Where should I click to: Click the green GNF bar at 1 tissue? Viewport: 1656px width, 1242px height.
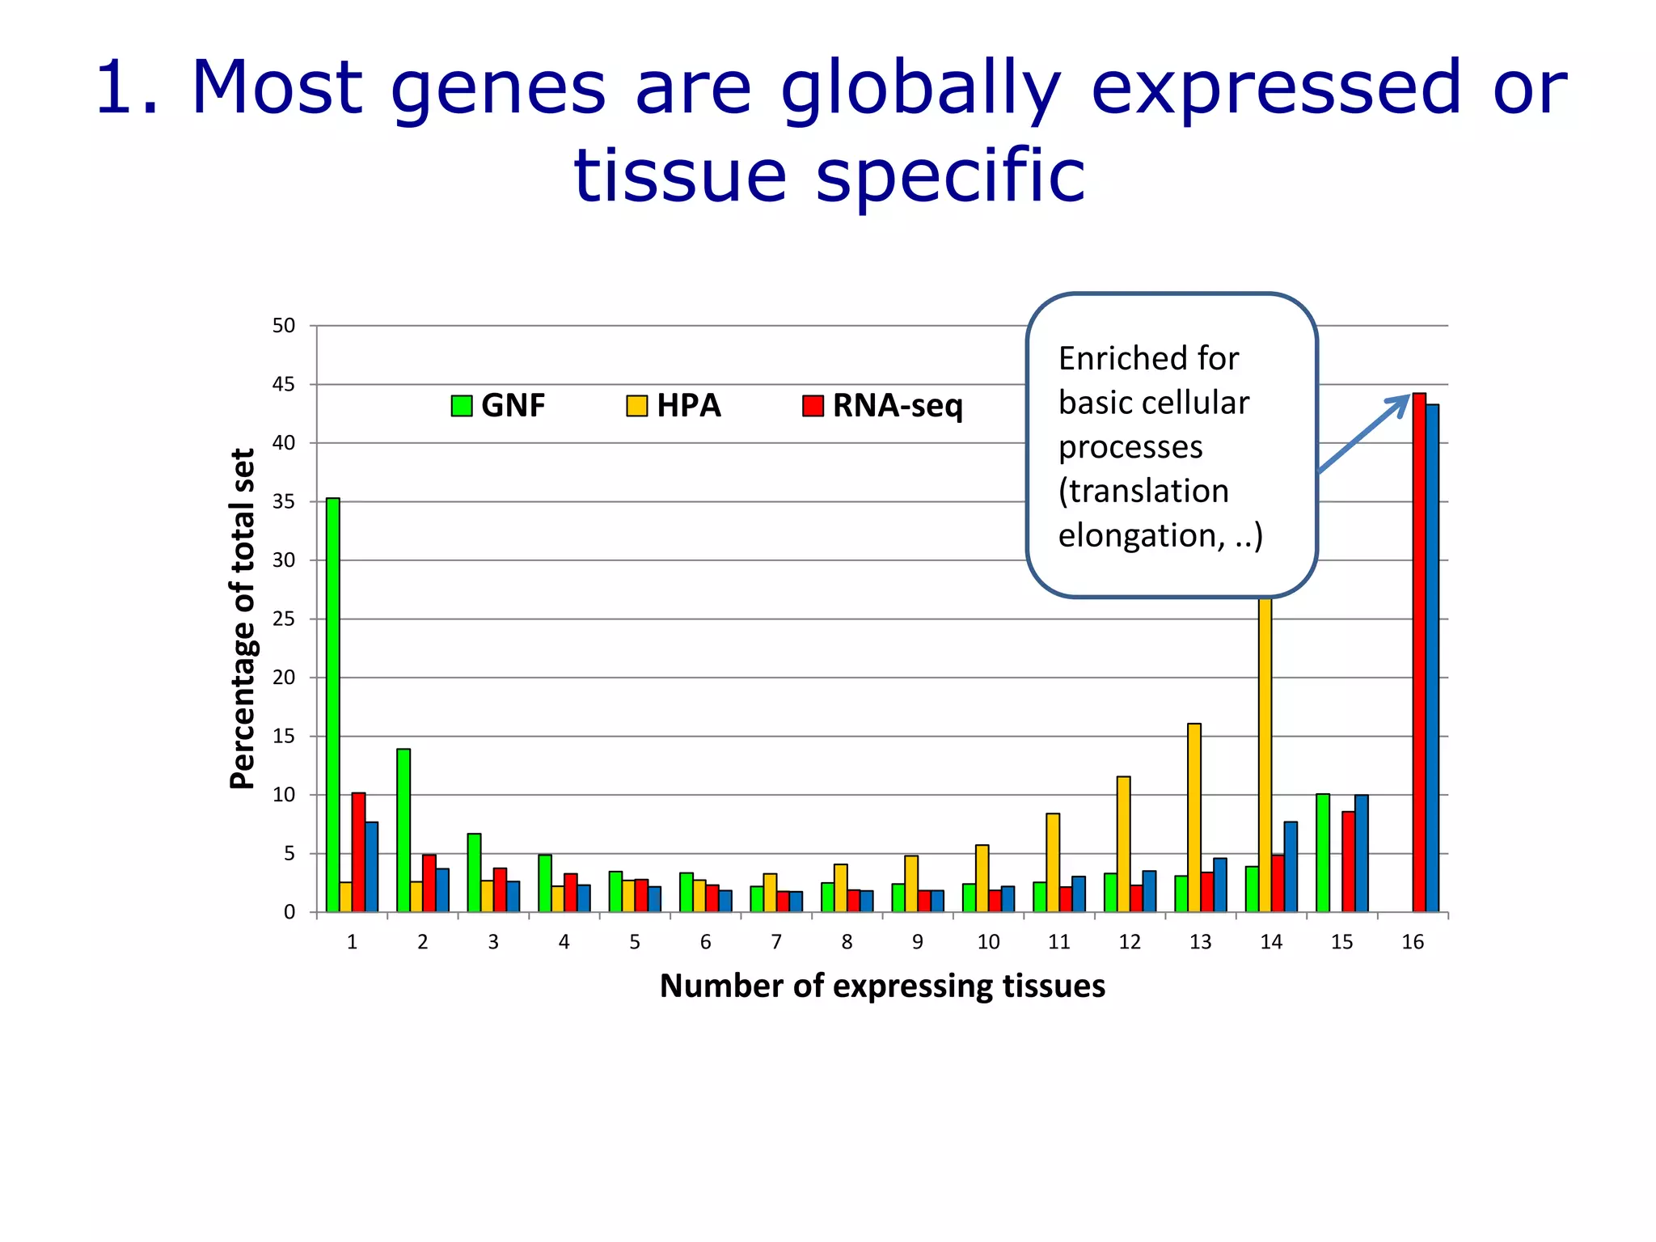[333, 704]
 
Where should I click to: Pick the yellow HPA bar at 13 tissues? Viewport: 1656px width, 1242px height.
[1194, 817]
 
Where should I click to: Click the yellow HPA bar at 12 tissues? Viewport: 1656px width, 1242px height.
[1123, 844]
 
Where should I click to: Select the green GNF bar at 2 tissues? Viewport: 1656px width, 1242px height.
[403, 830]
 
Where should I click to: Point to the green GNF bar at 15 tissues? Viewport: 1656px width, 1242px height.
[1323, 853]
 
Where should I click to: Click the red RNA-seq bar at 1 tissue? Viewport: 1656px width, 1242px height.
[358, 852]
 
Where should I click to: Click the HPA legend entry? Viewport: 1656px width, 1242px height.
[674, 405]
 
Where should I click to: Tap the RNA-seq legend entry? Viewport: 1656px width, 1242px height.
[882, 405]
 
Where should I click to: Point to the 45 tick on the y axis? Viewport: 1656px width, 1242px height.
[284, 385]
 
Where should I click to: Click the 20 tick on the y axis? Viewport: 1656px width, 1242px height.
[284, 678]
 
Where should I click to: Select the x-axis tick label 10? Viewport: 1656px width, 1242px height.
[988, 942]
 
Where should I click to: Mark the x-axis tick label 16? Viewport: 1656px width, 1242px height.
[1413, 942]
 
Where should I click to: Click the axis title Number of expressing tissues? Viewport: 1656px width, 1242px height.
[882, 986]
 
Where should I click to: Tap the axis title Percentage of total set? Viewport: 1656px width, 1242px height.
[243, 619]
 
